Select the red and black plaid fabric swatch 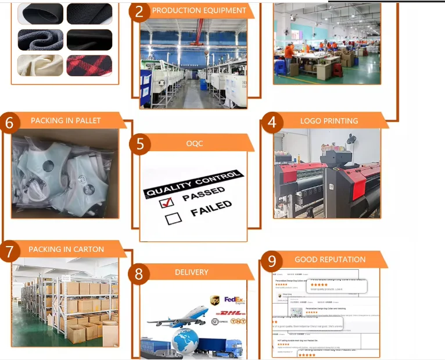[89, 65]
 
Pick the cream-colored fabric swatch [40, 65]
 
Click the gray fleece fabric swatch [40, 40]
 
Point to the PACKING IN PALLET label [66, 121]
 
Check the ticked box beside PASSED [167, 202]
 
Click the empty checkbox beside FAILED [173, 219]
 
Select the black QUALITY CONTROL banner [192, 184]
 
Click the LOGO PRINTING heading [329, 121]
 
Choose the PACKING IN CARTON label [66, 249]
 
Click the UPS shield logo [215, 300]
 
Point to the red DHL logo [233, 313]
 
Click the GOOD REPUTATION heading [330, 259]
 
